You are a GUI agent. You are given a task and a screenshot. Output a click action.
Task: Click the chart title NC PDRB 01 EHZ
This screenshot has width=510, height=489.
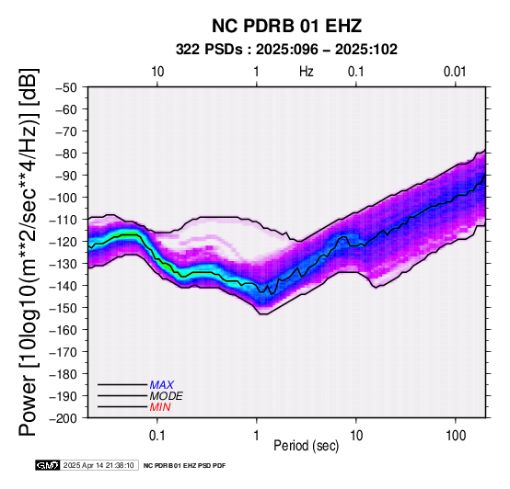pos(286,26)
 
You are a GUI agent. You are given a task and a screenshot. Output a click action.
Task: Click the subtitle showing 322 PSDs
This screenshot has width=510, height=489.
pos(286,50)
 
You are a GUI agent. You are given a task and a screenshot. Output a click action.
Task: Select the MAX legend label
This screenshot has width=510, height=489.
pos(162,385)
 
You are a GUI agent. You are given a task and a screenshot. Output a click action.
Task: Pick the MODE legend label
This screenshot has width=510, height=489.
pos(167,396)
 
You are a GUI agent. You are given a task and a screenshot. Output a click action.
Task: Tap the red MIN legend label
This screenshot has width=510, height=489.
pos(160,407)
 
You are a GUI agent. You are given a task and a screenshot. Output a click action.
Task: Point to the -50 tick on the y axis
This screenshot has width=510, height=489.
pos(66,87)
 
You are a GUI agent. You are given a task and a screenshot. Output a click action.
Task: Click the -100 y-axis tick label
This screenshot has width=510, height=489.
pos(64,198)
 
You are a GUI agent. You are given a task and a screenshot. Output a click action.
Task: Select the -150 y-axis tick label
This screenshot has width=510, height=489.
pos(64,308)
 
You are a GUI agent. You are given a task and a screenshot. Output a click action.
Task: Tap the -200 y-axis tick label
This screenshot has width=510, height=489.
pos(64,418)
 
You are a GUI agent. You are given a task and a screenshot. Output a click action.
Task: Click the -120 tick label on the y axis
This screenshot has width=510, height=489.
pos(64,242)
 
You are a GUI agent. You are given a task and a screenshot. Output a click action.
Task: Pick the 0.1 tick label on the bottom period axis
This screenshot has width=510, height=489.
pos(157,436)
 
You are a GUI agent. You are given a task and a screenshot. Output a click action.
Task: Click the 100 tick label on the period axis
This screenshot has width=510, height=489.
pos(456,436)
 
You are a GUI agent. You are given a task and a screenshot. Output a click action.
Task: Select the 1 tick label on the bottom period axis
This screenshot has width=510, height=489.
pos(256,436)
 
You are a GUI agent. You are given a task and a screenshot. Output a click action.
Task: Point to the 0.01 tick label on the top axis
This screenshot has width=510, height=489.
pos(455,72)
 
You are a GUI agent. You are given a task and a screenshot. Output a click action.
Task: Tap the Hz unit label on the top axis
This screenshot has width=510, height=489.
pos(307,72)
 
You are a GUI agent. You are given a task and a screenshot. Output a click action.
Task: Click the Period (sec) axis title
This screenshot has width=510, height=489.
pos(306,446)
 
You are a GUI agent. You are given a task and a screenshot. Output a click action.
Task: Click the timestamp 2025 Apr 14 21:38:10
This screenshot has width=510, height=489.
pos(99,465)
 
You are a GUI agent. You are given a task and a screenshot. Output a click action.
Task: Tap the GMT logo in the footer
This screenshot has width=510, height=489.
pos(48,465)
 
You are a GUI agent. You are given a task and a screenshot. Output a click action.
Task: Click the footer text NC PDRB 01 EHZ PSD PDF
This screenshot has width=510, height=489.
pos(184,466)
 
